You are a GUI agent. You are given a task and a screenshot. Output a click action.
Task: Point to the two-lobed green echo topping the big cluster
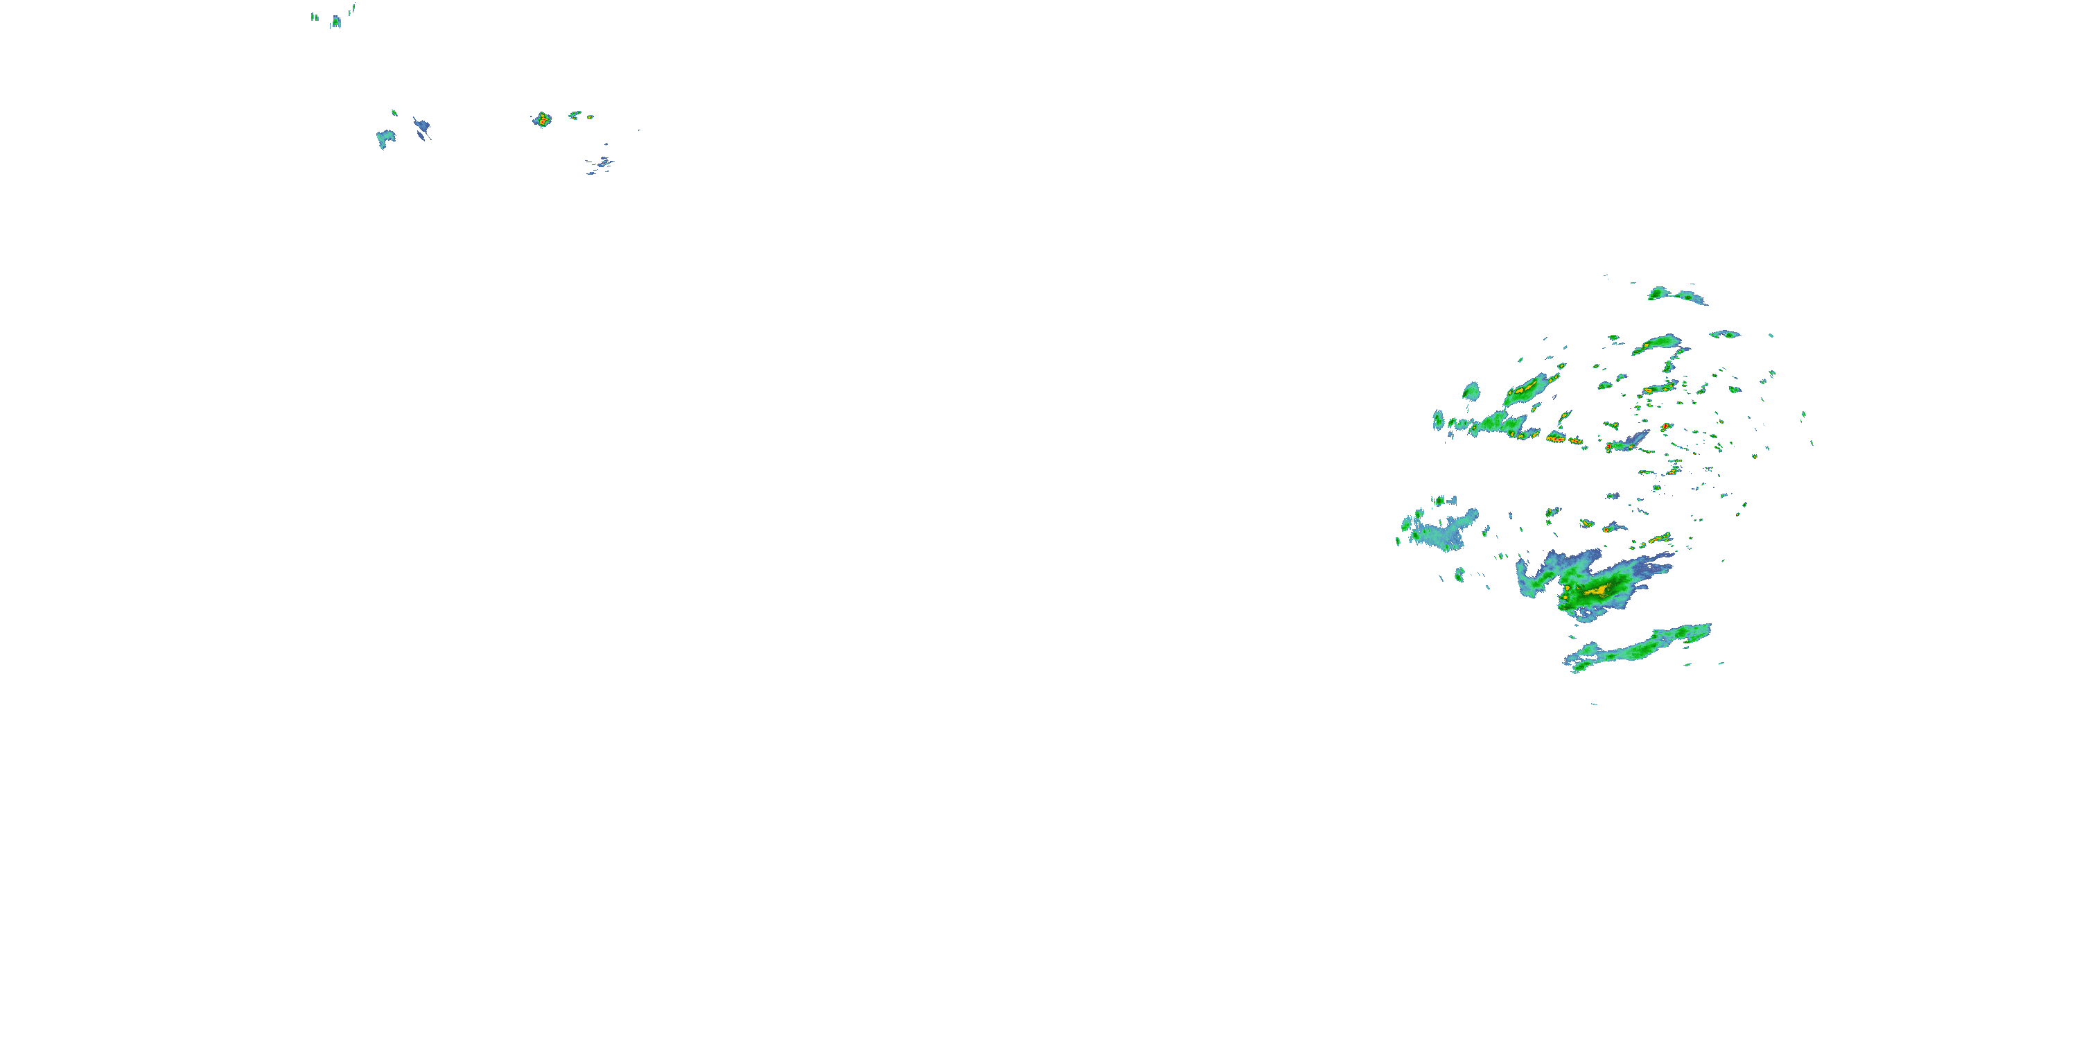coord(1675,295)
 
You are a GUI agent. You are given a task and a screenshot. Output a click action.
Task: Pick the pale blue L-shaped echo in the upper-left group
coord(385,138)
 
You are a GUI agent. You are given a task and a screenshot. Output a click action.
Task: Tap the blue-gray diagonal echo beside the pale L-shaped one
coord(422,128)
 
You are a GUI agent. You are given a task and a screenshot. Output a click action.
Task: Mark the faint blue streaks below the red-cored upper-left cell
coord(600,166)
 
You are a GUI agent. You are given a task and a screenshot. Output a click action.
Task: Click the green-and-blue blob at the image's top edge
coord(337,21)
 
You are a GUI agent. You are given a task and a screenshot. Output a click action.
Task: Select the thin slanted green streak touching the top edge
coord(353,9)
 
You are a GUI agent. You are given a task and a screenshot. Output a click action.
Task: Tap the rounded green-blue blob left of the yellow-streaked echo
coord(1471,392)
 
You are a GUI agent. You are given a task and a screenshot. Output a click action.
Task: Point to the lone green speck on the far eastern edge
coord(1812,442)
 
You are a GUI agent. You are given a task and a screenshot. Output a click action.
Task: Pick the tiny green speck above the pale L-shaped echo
coord(394,112)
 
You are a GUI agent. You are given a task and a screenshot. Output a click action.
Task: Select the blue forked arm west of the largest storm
coord(1538,577)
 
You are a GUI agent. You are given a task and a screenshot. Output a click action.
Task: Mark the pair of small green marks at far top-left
coord(315,16)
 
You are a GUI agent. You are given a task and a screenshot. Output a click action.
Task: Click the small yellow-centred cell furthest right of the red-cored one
coord(590,117)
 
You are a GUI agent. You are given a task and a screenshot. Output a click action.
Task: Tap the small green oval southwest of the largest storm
coord(1459,574)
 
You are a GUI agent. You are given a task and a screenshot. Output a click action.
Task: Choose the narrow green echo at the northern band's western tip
coord(1437,420)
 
